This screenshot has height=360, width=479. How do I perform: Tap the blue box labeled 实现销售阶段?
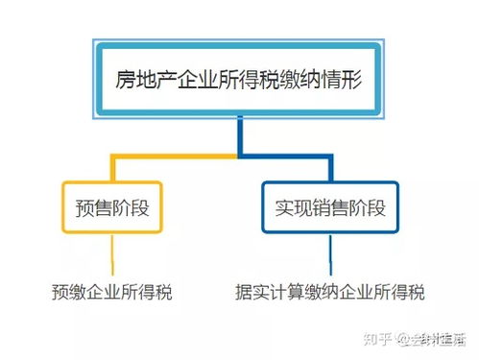329,207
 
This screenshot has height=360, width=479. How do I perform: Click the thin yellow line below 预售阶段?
111,254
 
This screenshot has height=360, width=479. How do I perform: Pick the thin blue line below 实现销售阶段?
330,254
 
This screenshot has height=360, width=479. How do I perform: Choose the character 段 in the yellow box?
140,207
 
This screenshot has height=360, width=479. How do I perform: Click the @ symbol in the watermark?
405,338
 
